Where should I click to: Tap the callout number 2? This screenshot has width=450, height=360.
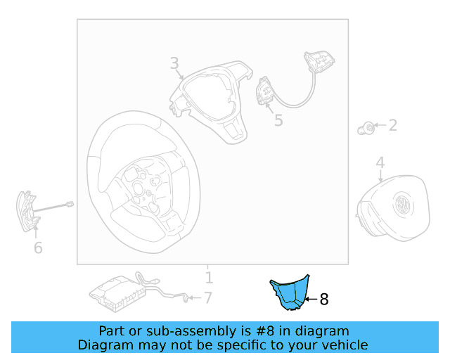tap(392, 126)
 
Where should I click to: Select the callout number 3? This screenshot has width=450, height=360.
tap(174, 64)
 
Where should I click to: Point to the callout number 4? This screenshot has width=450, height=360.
tap(380, 163)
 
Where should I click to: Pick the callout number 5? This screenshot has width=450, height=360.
tap(278, 121)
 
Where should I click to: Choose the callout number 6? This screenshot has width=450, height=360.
tap(38, 247)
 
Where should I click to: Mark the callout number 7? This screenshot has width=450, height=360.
tap(207, 298)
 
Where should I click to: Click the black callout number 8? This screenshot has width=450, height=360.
tap(324, 300)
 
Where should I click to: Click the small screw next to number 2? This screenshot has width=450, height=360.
tap(366, 127)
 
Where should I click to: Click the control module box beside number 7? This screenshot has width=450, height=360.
tap(115, 290)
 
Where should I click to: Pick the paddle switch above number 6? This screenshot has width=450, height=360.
tap(26, 210)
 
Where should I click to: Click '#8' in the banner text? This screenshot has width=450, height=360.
tap(258, 330)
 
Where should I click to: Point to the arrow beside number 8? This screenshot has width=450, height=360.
tap(310, 300)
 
